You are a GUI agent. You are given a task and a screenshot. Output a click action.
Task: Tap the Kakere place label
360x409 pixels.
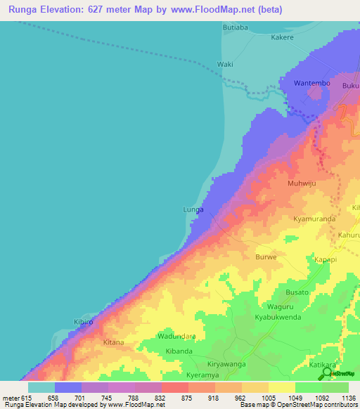tap(283, 38)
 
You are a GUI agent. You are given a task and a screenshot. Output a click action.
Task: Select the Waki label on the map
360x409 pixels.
tap(225, 64)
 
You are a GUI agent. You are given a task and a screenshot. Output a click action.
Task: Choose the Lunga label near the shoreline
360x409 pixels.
tap(193, 209)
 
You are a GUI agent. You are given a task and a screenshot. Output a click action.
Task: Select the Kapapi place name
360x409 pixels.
tap(326, 259)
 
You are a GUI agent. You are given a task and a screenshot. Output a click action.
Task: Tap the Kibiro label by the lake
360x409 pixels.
tap(84, 321)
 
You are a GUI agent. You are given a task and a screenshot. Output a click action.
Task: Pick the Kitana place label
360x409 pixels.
tap(113, 342)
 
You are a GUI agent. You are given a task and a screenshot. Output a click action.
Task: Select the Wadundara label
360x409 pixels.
tap(176, 337)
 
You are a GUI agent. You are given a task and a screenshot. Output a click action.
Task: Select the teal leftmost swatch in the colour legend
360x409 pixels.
tap(41, 387)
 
